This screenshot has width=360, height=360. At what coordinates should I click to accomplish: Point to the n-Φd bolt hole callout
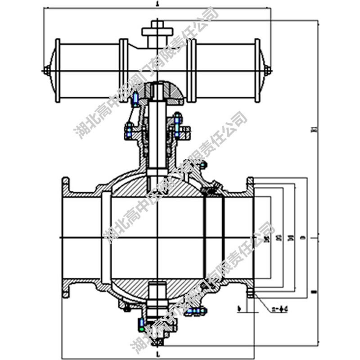279,309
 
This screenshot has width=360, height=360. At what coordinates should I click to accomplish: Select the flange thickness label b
240,309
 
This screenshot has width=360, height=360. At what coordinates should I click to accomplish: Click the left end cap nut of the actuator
46,71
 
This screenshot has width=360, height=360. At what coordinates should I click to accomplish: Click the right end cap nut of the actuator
268,71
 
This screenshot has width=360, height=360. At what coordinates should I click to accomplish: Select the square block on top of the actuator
157,31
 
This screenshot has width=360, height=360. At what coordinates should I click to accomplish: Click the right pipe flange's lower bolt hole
251,295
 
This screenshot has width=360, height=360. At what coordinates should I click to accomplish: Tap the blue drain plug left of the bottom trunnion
139,323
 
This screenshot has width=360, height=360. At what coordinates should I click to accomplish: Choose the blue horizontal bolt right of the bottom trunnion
195,310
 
